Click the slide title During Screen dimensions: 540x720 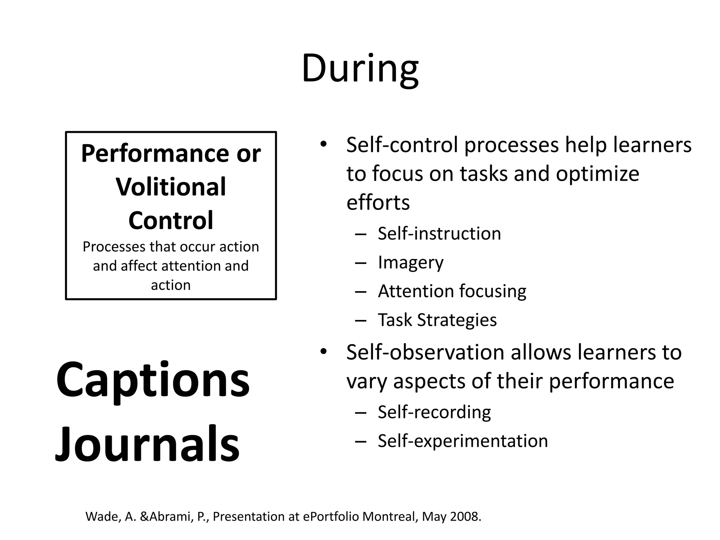click(360, 69)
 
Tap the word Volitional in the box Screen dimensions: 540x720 click(171, 187)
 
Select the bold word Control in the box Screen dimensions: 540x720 click(171, 220)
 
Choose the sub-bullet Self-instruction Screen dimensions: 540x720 click(439, 233)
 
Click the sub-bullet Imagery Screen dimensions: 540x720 click(411, 263)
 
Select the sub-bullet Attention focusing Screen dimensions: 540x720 click(452, 291)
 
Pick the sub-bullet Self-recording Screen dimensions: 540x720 click(434, 412)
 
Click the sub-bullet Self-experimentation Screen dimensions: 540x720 click(463, 441)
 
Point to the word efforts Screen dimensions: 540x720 click(378, 203)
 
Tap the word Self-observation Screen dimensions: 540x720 click(426, 352)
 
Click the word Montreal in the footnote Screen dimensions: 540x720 click(390, 516)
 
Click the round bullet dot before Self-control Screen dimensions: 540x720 click(323, 144)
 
